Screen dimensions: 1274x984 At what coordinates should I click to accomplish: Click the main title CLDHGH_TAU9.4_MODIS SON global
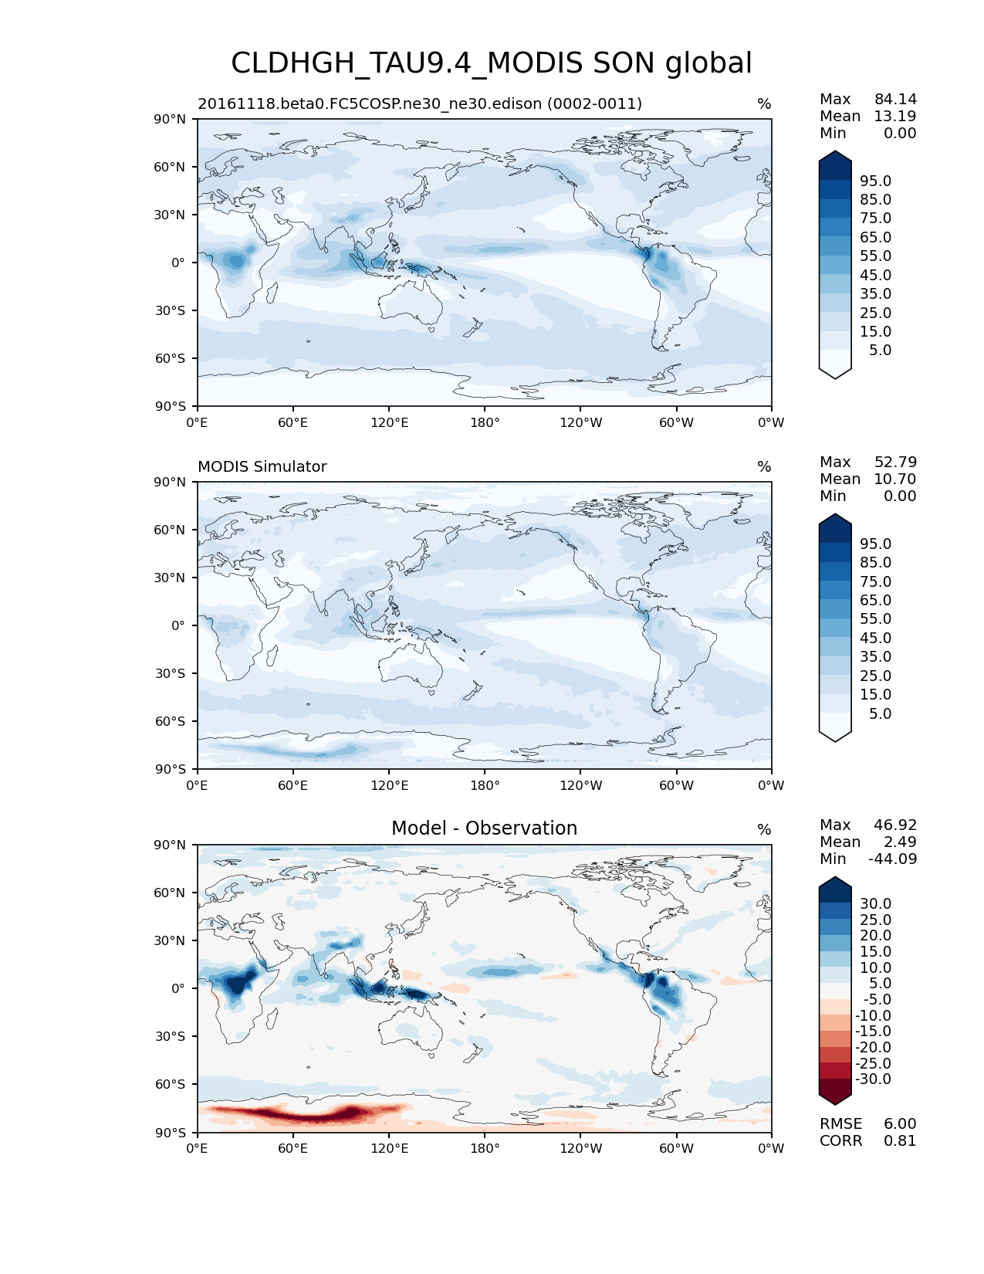tap(491, 63)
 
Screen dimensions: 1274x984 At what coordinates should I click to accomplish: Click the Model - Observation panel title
tap(484, 828)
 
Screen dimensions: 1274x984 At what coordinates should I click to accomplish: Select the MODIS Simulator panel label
tap(262, 467)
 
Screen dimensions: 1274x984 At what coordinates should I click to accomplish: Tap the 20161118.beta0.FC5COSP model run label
tap(420, 104)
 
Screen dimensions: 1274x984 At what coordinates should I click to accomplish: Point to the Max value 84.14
tap(895, 100)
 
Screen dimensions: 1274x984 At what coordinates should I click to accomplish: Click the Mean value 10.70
tap(894, 479)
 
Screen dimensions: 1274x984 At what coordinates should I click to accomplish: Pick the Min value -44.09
tap(892, 859)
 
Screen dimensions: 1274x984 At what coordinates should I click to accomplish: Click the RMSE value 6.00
tap(900, 1124)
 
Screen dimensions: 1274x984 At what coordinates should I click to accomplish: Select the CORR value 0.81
tap(900, 1141)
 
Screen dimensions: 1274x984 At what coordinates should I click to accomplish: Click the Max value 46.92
tap(895, 825)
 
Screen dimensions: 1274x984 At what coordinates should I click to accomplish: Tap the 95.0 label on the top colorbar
tap(875, 181)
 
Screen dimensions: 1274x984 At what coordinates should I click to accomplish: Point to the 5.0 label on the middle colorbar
tap(880, 714)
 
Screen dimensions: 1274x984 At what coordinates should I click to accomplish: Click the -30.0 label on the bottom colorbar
tap(873, 1079)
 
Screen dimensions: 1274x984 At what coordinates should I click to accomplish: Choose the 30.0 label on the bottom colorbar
tap(875, 904)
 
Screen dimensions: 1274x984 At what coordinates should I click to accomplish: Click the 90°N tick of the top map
tap(170, 120)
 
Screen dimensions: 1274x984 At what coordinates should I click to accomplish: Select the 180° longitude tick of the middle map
tap(485, 786)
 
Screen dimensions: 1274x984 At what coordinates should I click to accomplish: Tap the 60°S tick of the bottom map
tap(170, 1085)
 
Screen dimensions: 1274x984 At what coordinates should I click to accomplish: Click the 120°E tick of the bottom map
tap(389, 1149)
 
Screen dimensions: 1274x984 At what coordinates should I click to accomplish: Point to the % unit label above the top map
tap(764, 104)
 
